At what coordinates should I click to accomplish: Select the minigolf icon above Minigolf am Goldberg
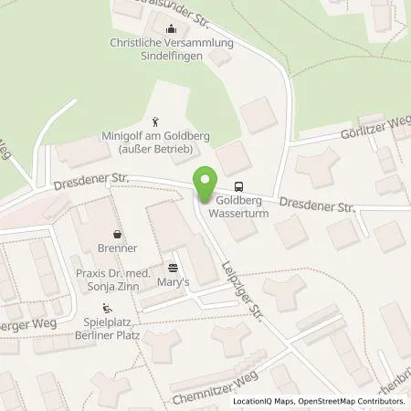(156, 121)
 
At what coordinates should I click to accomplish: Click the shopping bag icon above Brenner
(117, 233)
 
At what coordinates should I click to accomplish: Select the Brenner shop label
(117, 248)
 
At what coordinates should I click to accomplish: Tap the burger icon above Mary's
(173, 268)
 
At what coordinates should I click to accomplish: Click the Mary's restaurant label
(173, 282)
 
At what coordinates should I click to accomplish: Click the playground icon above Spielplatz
(108, 308)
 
